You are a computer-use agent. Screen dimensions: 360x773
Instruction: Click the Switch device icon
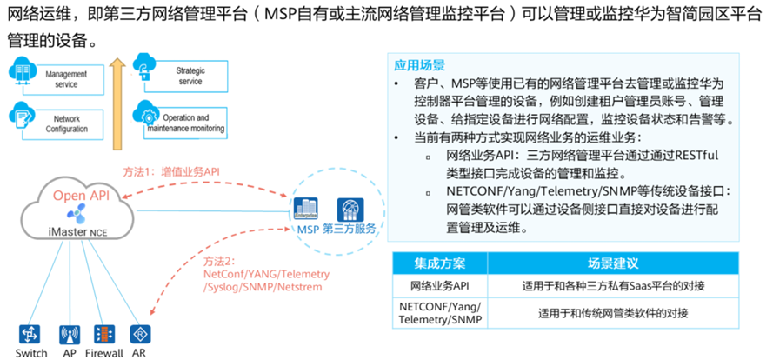30,334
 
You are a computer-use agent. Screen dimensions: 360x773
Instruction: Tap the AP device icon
69,334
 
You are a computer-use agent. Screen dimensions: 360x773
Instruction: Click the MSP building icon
306,210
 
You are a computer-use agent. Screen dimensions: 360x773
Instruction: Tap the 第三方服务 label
349,229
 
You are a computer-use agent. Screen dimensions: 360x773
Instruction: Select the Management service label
67,79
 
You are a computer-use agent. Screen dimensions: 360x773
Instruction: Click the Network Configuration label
66,123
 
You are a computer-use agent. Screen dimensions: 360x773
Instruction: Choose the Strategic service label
190,75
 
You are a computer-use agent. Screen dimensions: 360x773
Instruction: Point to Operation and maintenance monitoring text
186,123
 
